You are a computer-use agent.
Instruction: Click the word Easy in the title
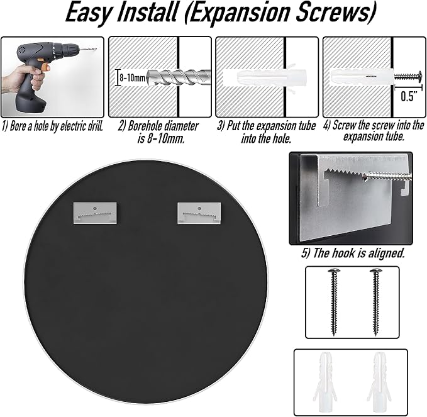pyautogui.click(x=89, y=13)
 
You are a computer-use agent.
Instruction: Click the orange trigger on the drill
pyautogui.click(x=45, y=67)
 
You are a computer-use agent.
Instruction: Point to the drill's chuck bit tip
pyautogui.click(x=96, y=49)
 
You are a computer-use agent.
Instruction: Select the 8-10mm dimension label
pyautogui.click(x=133, y=78)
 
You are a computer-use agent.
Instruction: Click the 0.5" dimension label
pyautogui.click(x=409, y=97)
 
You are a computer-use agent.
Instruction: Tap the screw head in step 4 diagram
pyautogui.click(x=419, y=76)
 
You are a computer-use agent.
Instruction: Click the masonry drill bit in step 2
pyautogui.click(x=179, y=77)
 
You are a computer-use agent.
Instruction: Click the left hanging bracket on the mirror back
pyautogui.click(x=95, y=213)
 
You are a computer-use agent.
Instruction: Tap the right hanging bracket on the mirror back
pyautogui.click(x=199, y=213)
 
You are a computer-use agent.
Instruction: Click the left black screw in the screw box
pyautogui.click(x=334, y=302)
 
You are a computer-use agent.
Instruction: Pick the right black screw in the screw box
pyautogui.click(x=376, y=302)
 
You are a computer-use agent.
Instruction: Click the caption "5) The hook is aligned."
pyautogui.click(x=353, y=253)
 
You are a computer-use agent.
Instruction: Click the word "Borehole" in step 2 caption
pyautogui.click(x=145, y=126)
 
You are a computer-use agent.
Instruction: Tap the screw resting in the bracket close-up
pyautogui.click(x=387, y=177)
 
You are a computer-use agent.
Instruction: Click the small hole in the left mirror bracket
pyautogui.click(x=94, y=208)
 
